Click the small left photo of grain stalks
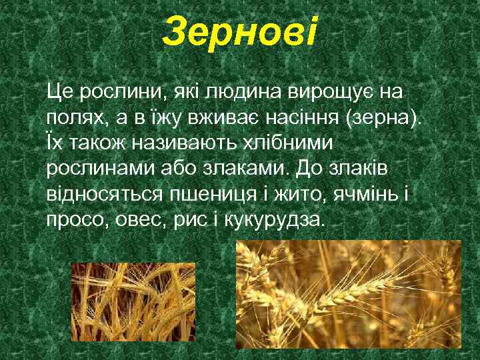pyautogui.click(x=133, y=303)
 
